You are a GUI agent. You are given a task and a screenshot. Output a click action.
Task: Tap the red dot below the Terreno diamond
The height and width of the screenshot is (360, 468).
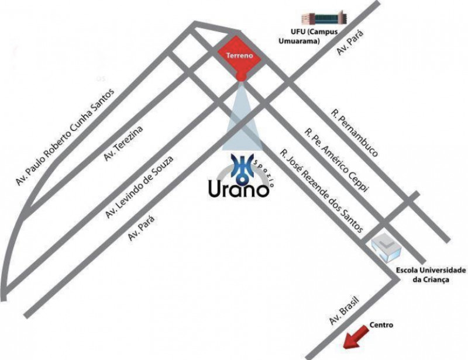(240, 76)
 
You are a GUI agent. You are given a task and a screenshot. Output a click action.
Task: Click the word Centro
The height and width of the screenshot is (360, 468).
(381, 326)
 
